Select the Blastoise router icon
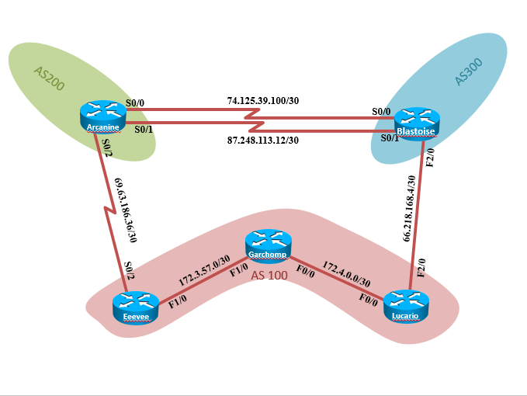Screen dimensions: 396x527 coord(417,123)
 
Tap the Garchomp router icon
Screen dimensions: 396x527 coord(266,245)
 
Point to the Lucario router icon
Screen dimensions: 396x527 coord(406,305)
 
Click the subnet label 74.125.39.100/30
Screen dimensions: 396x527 coord(262,101)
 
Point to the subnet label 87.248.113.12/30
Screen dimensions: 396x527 coord(262,141)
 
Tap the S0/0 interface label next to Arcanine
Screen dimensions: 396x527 coord(135,102)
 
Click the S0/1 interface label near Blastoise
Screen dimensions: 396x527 coord(389,137)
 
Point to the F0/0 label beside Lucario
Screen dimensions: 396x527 coord(368,297)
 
